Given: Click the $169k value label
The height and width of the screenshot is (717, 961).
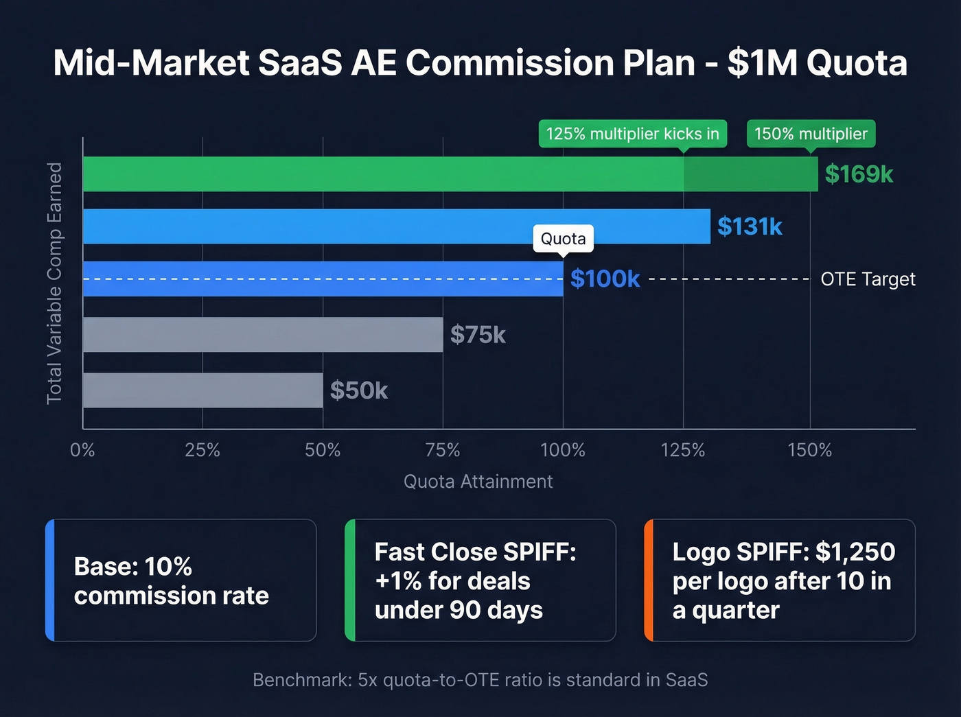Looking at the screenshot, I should tap(858, 174).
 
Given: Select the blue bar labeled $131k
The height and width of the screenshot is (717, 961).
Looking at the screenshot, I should tap(396, 226).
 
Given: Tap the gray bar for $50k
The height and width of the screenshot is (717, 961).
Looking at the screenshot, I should tap(202, 390).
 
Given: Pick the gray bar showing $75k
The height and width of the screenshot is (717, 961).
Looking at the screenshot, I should tap(262, 335).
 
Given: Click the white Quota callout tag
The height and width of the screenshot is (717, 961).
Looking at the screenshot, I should tap(563, 239).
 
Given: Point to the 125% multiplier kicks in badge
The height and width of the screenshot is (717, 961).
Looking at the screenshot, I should tap(632, 134).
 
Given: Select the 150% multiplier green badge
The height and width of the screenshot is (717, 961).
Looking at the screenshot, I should tap(811, 134).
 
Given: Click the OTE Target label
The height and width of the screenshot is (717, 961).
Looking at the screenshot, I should tap(868, 279).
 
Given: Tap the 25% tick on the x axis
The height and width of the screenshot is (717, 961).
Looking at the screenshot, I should tap(202, 450).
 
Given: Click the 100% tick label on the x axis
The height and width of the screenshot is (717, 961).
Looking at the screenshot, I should tap(563, 450).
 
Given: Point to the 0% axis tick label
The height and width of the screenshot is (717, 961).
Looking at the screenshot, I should tap(82, 450).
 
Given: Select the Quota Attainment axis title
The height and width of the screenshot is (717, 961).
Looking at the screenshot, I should tap(478, 482).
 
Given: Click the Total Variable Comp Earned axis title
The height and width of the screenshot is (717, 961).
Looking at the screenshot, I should tap(54, 283).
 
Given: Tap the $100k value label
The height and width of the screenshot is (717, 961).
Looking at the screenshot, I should tap(605, 279).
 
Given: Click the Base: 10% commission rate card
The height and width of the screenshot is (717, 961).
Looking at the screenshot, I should tap(181, 580).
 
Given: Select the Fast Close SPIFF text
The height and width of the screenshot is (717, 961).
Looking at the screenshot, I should tap(475, 552).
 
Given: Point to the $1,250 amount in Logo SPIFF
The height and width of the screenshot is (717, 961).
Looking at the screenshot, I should tap(855, 552).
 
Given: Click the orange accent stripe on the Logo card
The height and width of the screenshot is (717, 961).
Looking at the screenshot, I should tap(649, 580).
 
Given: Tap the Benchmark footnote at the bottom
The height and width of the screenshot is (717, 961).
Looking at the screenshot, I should tap(480, 680).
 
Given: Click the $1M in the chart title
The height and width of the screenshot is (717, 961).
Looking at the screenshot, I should tap(763, 63).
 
